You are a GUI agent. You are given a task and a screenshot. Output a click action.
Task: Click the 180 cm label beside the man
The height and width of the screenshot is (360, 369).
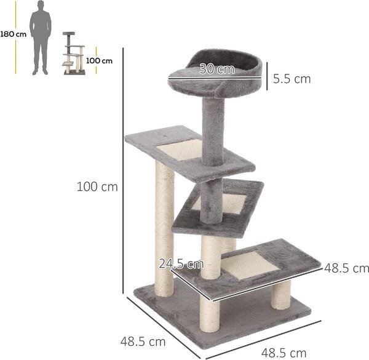point(14,34)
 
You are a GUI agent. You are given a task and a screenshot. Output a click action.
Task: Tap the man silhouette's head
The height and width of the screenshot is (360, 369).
point(41,5)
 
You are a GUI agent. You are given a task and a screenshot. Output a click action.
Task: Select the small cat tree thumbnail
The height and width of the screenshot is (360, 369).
point(74,54)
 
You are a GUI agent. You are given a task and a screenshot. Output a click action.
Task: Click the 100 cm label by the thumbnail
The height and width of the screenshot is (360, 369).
point(99,61)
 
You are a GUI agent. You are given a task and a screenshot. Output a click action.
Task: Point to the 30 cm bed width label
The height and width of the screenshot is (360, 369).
point(217,69)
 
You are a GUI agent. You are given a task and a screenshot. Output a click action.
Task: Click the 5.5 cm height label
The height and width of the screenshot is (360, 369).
point(292,79)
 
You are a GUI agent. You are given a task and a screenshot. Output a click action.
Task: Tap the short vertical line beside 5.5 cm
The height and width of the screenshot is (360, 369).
point(267,76)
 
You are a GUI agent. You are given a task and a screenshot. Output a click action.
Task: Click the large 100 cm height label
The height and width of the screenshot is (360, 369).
point(97,187)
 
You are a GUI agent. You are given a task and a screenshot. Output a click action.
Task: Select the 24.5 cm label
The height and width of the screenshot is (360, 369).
point(181,264)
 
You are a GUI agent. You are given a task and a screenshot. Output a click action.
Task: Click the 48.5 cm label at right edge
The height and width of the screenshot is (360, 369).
point(346,268)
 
